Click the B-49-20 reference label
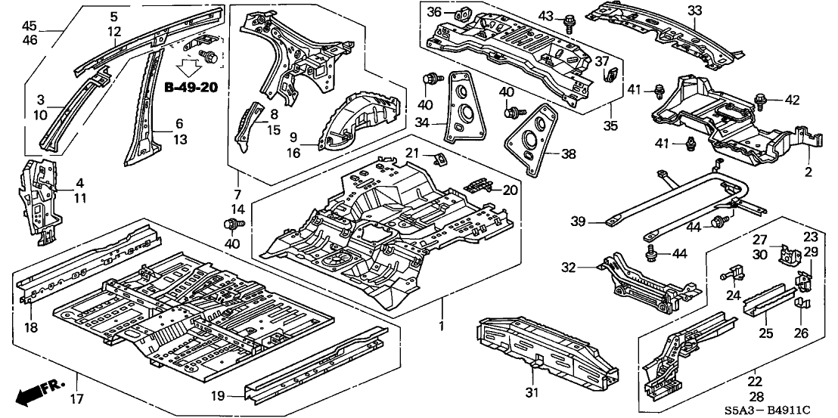point(191,88)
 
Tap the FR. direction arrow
point(36,392)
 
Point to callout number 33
point(694,11)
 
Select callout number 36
point(433,12)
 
